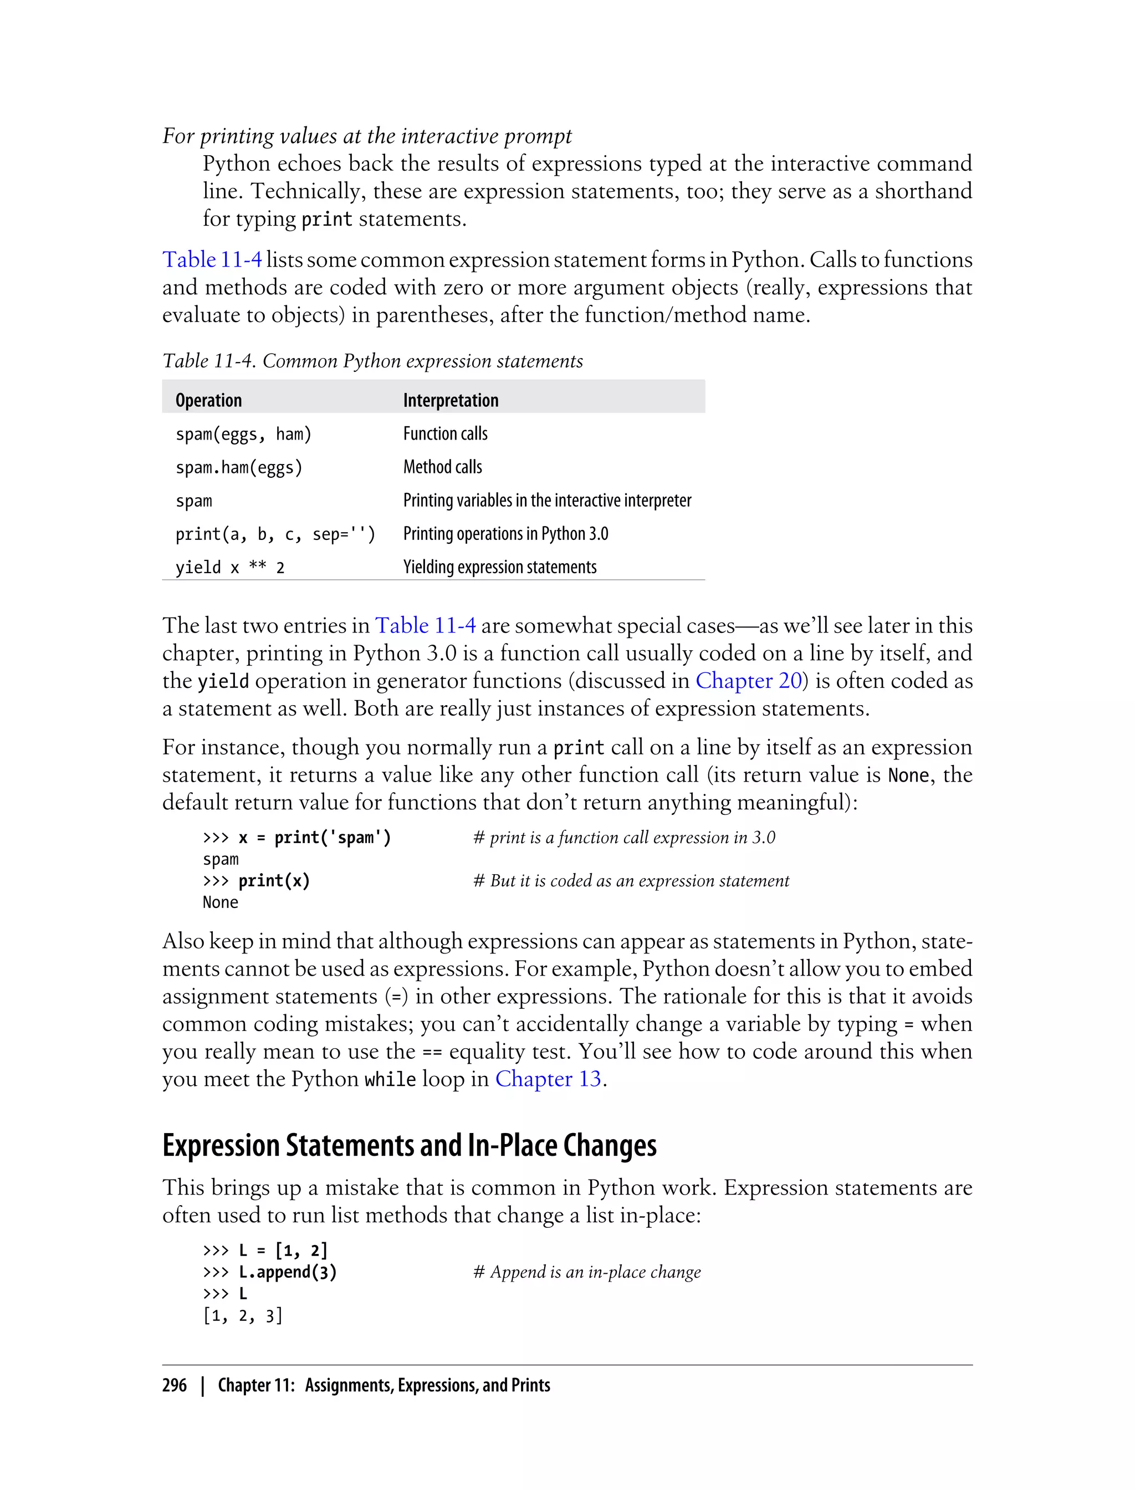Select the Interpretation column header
(451, 401)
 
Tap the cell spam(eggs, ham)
(243, 434)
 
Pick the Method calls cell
(442, 467)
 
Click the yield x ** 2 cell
(229, 568)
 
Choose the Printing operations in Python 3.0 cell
(505, 534)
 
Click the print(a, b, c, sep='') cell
(275, 534)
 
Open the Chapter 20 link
(748, 681)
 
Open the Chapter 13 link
(548, 1079)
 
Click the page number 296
(175, 1385)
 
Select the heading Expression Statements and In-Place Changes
(409, 1145)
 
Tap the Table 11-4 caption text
(372, 361)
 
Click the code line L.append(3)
(287, 1272)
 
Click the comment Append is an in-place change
(586, 1272)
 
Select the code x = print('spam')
(314, 838)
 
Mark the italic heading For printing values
(367, 136)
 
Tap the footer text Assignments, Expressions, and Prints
(427, 1385)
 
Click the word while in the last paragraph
(390, 1080)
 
